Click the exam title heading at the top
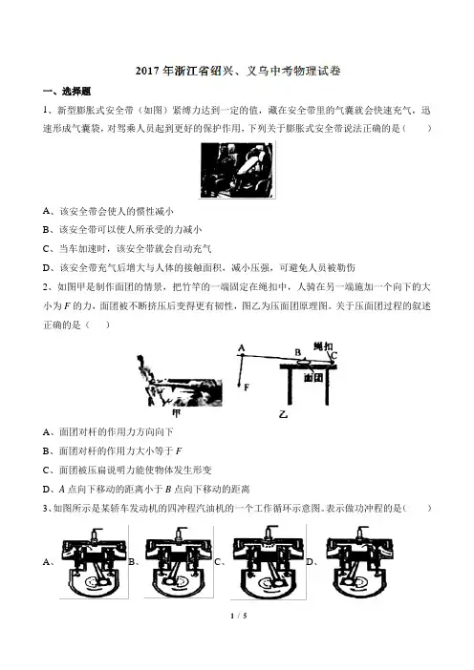pyautogui.click(x=238, y=71)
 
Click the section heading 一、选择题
pyautogui.click(x=67, y=92)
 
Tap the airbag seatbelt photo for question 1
pyautogui.click(x=237, y=170)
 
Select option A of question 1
pyautogui.click(x=108, y=211)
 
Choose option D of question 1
pyautogui.click(x=199, y=268)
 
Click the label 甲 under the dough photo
pyautogui.click(x=176, y=412)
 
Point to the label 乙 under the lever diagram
pyautogui.click(x=283, y=413)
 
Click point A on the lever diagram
pyautogui.click(x=242, y=347)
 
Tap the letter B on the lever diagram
pyautogui.click(x=298, y=352)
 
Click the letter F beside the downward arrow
pyautogui.click(x=247, y=387)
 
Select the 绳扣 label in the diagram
pyautogui.click(x=323, y=346)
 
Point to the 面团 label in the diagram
pyautogui.click(x=313, y=377)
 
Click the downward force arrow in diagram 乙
pyautogui.click(x=241, y=372)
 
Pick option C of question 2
pyautogui.click(x=127, y=470)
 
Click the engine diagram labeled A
pyautogui.click(x=94, y=562)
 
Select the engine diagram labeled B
pyautogui.click(x=179, y=562)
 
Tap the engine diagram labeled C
pyautogui.click(x=269, y=562)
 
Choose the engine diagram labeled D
pyautogui.click(x=359, y=562)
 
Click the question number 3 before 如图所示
pyautogui.click(x=45, y=508)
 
